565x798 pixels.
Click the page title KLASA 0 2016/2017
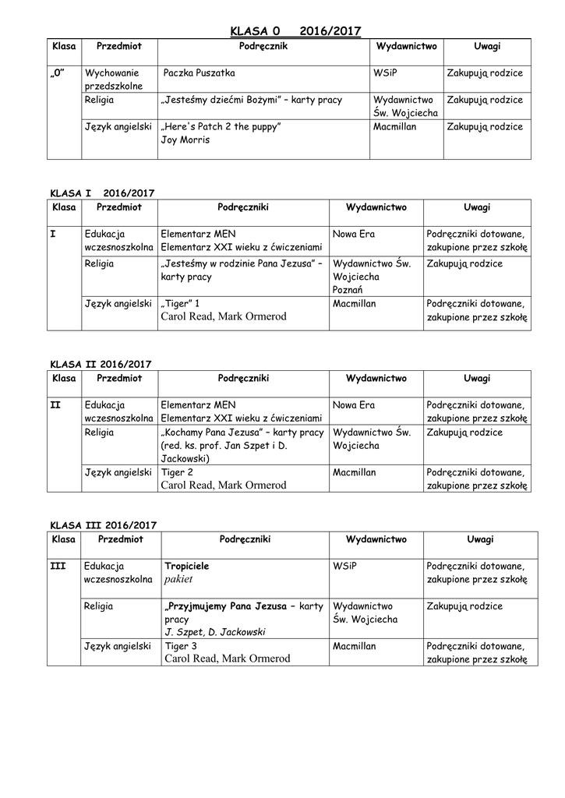click(x=295, y=31)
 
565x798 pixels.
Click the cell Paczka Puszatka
click(x=199, y=73)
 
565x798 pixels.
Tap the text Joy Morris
click(x=185, y=140)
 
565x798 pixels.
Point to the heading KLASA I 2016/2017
click(x=103, y=192)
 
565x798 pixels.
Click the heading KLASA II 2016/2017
click(x=101, y=364)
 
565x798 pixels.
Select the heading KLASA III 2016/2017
click(x=104, y=525)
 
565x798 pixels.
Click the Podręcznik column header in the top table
click(x=263, y=47)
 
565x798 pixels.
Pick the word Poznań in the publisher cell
click(x=348, y=289)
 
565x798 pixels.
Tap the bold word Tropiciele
click(x=186, y=566)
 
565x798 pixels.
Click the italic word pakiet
click(x=178, y=581)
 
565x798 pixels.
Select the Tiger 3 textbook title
click(x=181, y=646)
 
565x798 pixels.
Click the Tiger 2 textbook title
click(x=177, y=472)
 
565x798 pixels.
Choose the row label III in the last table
click(x=57, y=566)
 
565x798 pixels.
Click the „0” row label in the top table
click(x=58, y=73)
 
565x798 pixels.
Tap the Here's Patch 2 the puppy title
click(x=220, y=126)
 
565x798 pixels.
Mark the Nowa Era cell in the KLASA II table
click(x=354, y=405)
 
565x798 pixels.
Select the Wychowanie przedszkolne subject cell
click(x=114, y=79)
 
